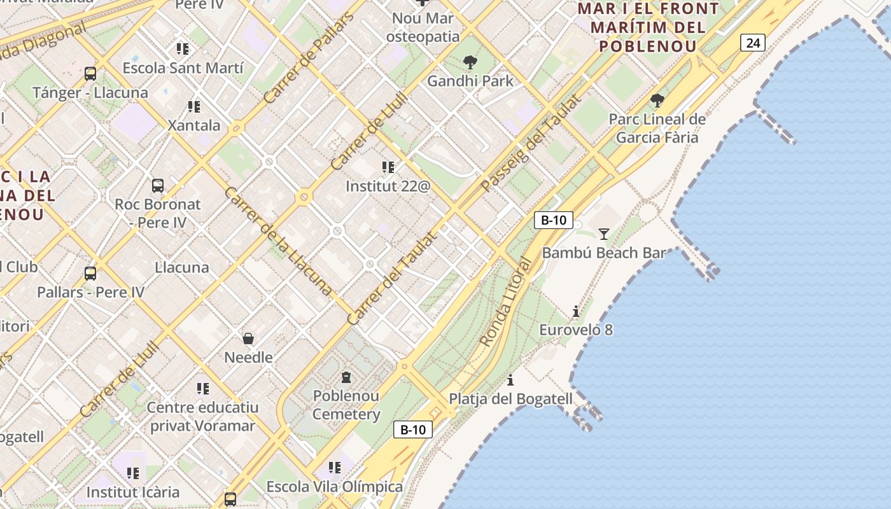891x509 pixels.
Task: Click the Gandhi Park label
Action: click(x=470, y=81)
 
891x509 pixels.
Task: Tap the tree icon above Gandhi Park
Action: click(x=470, y=62)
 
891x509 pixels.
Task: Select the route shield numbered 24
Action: click(x=752, y=43)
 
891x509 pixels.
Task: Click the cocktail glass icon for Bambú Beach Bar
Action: click(x=603, y=234)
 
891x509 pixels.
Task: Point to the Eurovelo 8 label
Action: click(x=576, y=330)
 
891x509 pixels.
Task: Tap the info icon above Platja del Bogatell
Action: click(x=510, y=380)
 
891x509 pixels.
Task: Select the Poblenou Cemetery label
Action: click(x=346, y=405)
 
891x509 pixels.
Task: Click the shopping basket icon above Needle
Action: click(x=248, y=338)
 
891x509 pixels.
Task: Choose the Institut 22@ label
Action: click(x=388, y=186)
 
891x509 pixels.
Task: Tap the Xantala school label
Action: click(x=194, y=125)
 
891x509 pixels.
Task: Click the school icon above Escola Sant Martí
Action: click(x=183, y=48)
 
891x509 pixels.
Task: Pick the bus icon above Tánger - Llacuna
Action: click(x=90, y=73)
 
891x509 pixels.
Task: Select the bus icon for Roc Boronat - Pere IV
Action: click(x=158, y=186)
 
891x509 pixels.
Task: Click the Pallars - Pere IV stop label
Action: click(x=90, y=292)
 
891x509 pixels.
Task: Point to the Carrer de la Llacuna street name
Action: click(x=278, y=241)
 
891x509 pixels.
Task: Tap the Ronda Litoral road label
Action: click(x=505, y=302)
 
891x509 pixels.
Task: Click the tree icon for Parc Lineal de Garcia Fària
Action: click(x=657, y=100)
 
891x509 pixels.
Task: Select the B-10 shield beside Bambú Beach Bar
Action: click(x=553, y=220)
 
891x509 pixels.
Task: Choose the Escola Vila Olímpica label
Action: click(x=334, y=487)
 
